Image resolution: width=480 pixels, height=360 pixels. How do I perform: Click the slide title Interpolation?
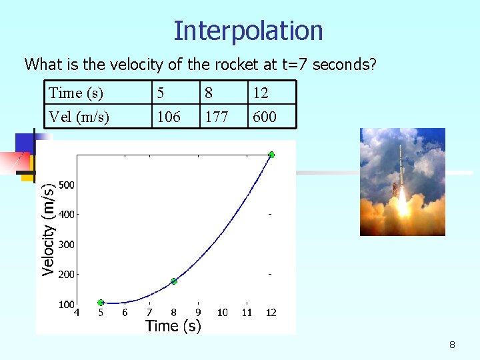(x=248, y=31)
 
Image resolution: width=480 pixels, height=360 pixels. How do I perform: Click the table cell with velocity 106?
(x=168, y=117)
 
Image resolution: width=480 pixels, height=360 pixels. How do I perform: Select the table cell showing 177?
(x=217, y=117)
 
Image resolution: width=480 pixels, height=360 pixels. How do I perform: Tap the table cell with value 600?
(x=265, y=117)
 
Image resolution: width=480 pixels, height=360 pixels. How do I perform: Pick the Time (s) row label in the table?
(x=75, y=93)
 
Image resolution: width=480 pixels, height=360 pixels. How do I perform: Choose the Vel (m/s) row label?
(x=79, y=117)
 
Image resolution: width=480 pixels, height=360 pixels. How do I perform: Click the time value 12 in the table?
(x=260, y=93)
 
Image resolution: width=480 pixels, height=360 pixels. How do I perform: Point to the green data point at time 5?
(x=101, y=303)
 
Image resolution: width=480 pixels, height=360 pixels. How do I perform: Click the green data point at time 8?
(x=173, y=281)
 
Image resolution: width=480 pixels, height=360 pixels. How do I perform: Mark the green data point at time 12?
(x=271, y=155)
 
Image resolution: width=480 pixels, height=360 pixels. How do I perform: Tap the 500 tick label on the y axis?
(x=66, y=185)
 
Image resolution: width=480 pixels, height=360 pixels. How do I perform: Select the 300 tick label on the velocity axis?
(x=66, y=245)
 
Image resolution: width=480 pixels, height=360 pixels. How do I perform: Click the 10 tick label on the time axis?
(x=223, y=313)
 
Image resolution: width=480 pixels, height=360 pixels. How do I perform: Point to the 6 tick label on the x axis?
(x=125, y=313)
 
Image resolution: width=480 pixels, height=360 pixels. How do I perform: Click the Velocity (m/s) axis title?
(x=48, y=230)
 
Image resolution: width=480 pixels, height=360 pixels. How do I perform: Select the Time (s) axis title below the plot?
(x=173, y=326)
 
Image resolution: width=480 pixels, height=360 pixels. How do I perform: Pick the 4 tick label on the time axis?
(x=77, y=312)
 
